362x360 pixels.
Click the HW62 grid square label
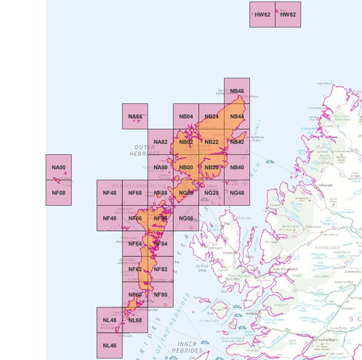tap(263, 14)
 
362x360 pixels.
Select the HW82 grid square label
tap(288, 14)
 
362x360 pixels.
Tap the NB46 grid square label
tap(237, 91)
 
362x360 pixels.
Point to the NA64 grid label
tap(135, 116)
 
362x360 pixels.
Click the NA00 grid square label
tap(59, 168)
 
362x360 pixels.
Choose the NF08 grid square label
tap(59, 193)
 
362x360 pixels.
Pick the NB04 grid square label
tap(186, 116)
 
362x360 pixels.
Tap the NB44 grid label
tap(237, 116)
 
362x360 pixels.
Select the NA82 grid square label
tap(161, 142)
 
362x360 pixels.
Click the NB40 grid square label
tap(237, 168)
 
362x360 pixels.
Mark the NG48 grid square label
tap(237, 193)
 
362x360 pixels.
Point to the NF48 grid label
tap(109, 193)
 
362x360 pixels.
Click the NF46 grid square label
tap(109, 218)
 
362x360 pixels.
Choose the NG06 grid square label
tap(186, 218)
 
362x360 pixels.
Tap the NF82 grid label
tap(161, 269)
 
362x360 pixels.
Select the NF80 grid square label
tap(161, 294)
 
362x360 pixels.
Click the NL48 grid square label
tap(109, 320)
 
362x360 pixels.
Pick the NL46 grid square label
tap(109, 345)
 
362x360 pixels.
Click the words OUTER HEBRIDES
tap(144, 150)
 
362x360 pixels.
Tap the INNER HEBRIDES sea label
tap(188, 347)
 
